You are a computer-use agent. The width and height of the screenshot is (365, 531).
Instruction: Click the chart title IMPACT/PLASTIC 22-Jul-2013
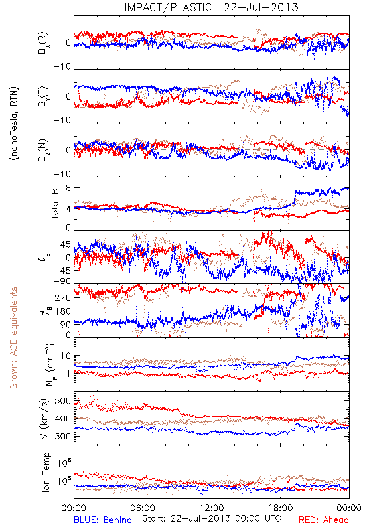211,7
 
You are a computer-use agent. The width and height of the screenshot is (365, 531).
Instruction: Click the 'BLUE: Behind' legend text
103,520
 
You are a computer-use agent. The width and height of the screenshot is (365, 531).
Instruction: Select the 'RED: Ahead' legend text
324,520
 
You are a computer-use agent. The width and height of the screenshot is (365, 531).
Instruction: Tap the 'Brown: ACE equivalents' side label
13,338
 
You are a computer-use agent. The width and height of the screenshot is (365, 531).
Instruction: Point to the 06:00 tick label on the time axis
143,508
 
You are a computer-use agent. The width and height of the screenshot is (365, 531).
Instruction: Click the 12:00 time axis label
212,508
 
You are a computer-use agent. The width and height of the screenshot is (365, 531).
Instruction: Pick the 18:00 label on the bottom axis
281,508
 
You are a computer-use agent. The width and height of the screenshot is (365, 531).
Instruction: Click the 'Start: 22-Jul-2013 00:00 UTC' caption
211,518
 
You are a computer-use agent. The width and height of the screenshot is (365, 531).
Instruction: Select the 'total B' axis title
55,204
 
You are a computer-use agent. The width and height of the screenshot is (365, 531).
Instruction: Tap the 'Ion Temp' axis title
46,472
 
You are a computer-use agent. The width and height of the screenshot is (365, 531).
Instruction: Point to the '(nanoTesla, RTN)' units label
14,123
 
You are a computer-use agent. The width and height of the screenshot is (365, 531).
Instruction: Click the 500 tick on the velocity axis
62,401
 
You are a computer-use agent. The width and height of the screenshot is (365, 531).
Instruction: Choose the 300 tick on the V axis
62,436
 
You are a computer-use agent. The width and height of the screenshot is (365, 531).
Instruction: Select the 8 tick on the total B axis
68,188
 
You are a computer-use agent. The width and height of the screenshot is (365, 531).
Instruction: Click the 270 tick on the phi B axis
62,297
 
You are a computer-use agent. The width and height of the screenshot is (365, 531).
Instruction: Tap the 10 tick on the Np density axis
66,356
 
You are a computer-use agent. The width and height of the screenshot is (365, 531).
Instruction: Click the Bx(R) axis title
43,43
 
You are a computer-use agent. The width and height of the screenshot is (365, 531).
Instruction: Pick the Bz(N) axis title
43,150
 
